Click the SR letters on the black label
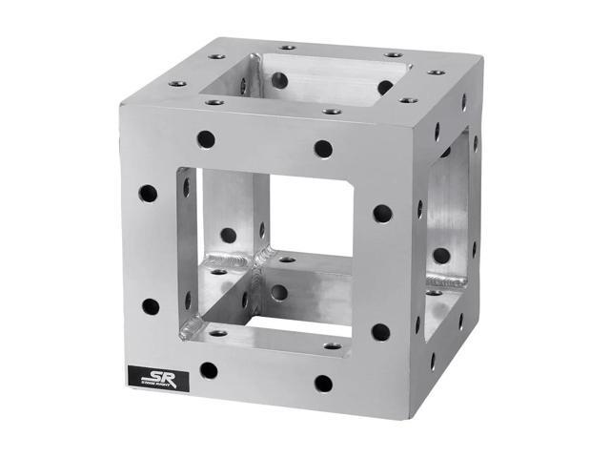point(157,375)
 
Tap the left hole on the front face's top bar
point(206,139)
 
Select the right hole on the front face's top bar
point(323,149)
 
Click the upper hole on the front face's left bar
point(148,194)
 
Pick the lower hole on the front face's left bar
point(151,307)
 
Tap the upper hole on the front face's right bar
point(382,213)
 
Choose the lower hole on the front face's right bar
point(380,332)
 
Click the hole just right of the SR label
point(209,370)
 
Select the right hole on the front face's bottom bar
point(324,384)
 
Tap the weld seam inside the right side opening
point(445,281)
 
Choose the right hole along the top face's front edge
point(332,112)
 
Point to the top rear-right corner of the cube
point(476,62)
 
